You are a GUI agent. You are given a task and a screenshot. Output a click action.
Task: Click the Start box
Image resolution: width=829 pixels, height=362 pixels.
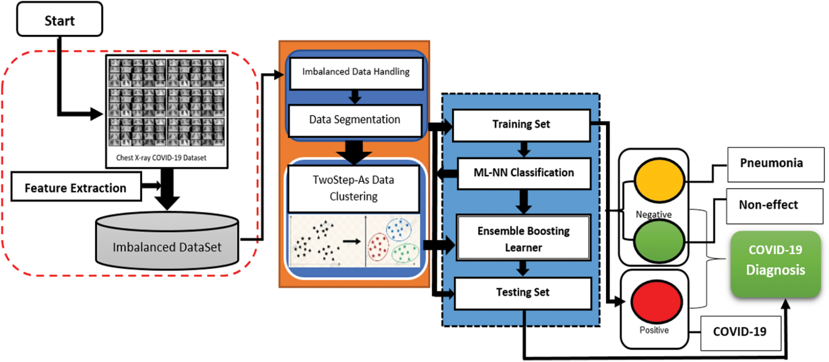pyautogui.click(x=60, y=19)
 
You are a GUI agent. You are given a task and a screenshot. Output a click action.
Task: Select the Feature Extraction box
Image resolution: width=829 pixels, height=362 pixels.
pyautogui.click(x=76, y=187)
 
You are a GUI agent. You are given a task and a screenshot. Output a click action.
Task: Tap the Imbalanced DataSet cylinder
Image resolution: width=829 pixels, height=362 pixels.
pyautogui.click(x=167, y=240)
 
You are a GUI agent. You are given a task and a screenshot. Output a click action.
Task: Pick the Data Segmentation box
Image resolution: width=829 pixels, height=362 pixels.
pyautogui.click(x=355, y=121)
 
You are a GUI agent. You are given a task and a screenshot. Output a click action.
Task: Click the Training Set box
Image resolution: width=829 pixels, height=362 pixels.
pyautogui.click(x=521, y=125)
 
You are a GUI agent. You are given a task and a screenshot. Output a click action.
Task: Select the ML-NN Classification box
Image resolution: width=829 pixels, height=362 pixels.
pyautogui.click(x=524, y=173)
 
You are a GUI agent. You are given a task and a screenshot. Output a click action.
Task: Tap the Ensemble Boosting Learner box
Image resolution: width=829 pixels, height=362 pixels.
pyautogui.click(x=523, y=238)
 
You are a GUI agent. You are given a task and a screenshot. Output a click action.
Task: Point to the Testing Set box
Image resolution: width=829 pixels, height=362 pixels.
pyautogui.click(x=523, y=293)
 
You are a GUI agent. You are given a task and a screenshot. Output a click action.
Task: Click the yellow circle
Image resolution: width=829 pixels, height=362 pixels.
pyautogui.click(x=659, y=180)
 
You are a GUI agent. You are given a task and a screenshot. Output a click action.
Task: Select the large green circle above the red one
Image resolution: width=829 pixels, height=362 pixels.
pyautogui.click(x=659, y=241)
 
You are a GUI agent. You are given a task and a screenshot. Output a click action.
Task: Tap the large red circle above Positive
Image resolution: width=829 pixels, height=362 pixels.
pyautogui.click(x=656, y=301)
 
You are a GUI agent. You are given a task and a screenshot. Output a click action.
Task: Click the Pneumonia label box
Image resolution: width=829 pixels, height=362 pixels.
pyautogui.click(x=776, y=164)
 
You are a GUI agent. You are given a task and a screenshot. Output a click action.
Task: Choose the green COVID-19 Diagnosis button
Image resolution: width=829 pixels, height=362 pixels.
pyautogui.click(x=776, y=264)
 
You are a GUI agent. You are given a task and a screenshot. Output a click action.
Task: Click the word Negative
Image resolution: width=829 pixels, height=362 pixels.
pyautogui.click(x=654, y=214)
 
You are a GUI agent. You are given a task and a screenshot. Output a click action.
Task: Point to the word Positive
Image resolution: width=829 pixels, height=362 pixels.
pyautogui.click(x=654, y=330)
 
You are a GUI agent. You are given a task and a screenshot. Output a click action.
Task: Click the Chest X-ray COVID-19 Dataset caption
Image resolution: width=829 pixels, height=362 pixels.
pyautogui.click(x=161, y=158)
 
